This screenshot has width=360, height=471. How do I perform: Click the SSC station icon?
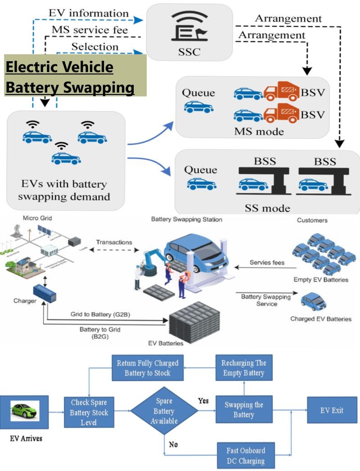tap(189, 28)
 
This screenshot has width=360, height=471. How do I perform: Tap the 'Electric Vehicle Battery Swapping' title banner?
tap(76, 75)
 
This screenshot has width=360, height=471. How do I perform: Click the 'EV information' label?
tap(89, 13)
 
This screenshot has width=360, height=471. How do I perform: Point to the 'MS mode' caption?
tap(259, 131)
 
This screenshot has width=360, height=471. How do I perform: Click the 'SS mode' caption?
tap(267, 208)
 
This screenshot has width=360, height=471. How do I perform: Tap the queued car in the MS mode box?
tap(198, 106)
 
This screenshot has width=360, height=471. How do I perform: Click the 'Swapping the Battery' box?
tap(243, 409)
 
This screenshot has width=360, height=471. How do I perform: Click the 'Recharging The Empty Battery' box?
tap(244, 368)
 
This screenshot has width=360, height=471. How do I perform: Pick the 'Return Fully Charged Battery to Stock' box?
tap(148, 368)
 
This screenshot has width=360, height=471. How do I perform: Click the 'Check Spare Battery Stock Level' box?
tap(89, 411)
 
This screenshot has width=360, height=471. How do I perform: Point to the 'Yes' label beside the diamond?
tap(203, 400)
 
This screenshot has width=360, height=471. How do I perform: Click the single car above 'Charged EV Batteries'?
tap(313, 302)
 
